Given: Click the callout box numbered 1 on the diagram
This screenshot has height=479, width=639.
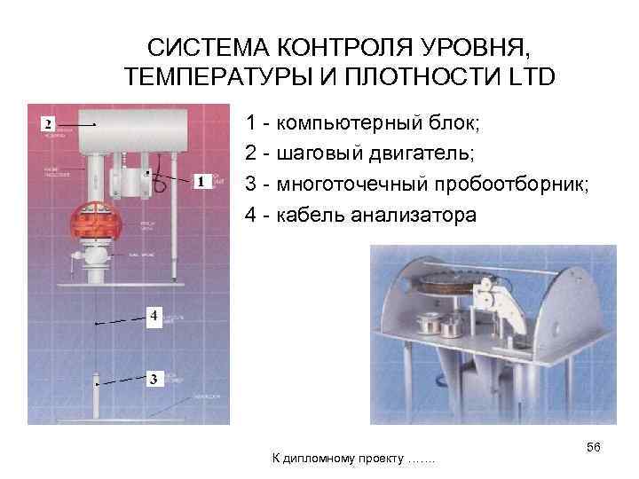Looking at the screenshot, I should point(202,182).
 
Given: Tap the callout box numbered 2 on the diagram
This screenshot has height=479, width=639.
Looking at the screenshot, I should point(48,122).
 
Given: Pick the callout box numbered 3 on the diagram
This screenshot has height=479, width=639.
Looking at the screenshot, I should point(153,380).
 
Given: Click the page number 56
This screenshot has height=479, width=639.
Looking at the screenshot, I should point(594,449).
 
